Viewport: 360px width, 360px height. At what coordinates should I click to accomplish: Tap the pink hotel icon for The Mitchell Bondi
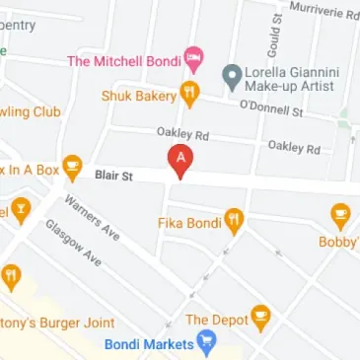point(195,60)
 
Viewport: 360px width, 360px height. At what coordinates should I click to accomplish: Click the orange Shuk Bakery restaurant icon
point(189,94)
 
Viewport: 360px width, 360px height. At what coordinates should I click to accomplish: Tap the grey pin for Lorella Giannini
point(232,74)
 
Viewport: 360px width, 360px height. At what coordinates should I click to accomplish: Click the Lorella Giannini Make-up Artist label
point(289,81)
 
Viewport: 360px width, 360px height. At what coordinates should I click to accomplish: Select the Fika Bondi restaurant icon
point(234,219)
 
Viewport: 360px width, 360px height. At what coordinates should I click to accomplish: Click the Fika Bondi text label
point(186,222)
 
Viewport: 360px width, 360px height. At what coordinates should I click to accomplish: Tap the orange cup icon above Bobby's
point(340,214)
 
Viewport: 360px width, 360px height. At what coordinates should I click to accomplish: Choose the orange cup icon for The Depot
point(260,318)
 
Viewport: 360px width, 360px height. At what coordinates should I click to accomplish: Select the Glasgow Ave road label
point(73,243)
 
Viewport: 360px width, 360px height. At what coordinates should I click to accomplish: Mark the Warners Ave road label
point(92,215)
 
